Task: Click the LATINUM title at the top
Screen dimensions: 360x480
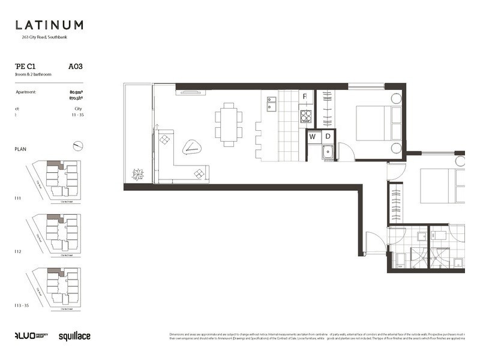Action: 49,25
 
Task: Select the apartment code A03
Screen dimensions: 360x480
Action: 75,67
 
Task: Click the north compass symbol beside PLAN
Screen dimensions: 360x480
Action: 77,145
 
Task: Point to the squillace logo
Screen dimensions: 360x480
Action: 74,337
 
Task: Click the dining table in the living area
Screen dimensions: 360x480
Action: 229,124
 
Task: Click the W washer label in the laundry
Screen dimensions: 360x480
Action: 313,137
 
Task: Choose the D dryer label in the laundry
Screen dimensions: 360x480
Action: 328,137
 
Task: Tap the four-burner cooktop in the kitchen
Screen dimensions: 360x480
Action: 305,116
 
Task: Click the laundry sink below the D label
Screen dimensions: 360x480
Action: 328,152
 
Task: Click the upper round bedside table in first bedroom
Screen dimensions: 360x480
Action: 396,98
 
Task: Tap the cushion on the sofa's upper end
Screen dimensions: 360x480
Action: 166,140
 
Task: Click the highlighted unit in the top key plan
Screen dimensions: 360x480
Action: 54,164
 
